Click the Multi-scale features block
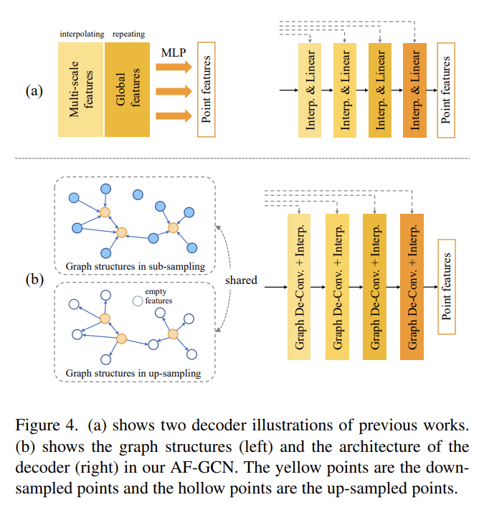click(80, 90)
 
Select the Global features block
click(127, 90)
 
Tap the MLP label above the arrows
click(174, 52)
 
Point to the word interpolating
click(81, 34)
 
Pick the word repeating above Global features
click(129, 34)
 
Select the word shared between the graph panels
click(240, 280)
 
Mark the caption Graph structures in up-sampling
click(133, 373)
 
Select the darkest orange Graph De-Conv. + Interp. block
click(412, 285)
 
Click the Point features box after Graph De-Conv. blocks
click(447, 285)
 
